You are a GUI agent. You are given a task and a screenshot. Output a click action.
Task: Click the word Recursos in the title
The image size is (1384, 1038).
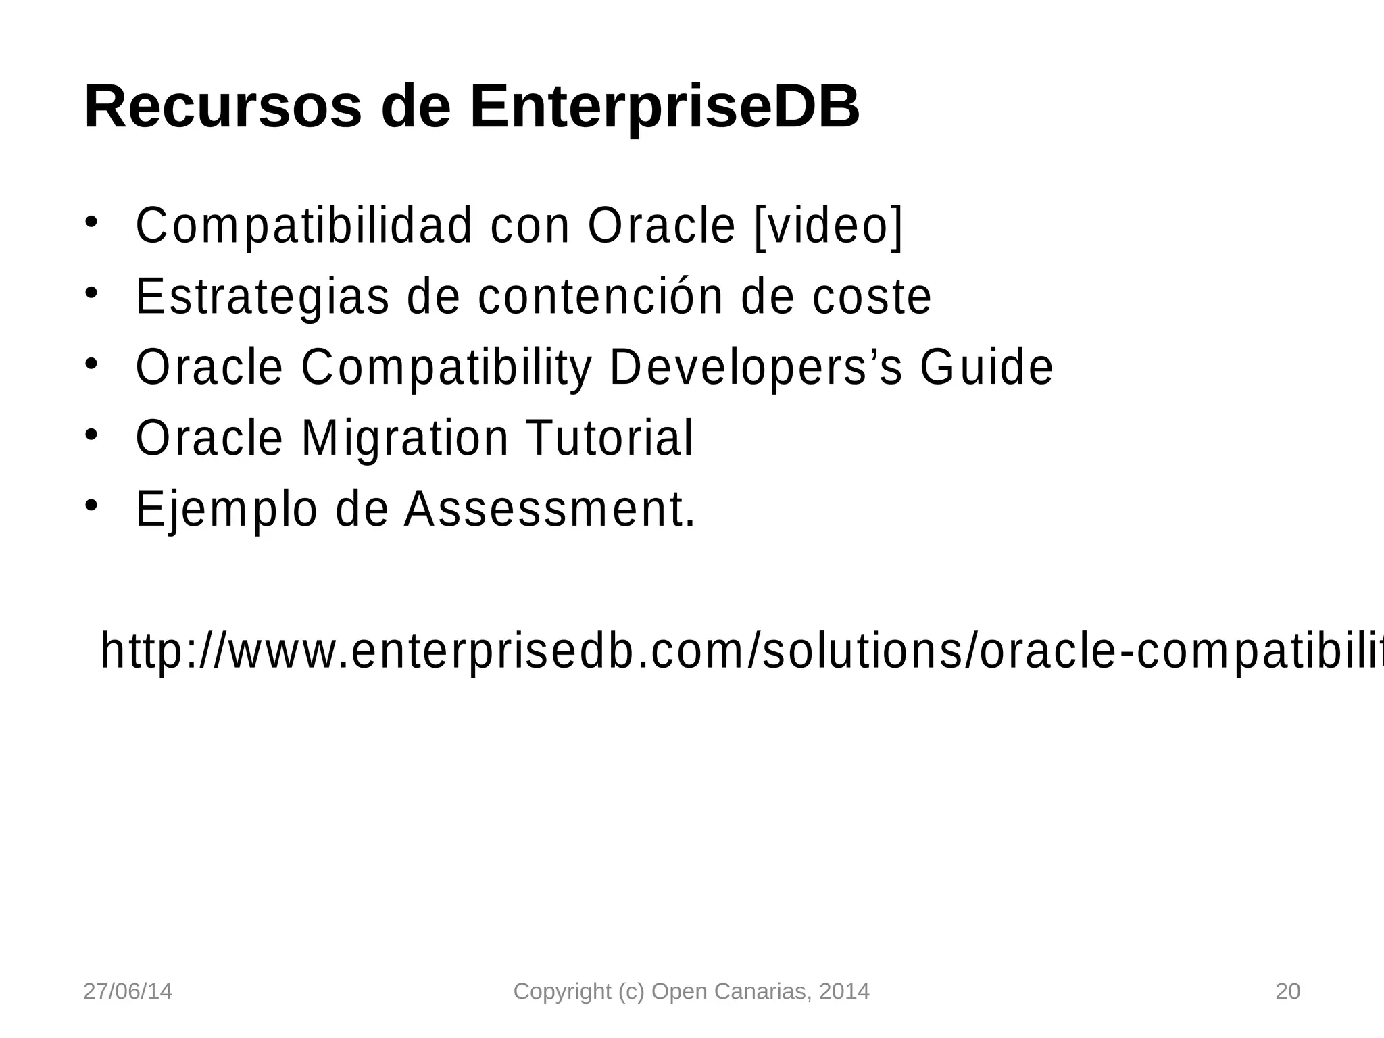[x=222, y=107]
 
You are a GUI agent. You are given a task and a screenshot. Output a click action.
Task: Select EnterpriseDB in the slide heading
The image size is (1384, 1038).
[x=664, y=107]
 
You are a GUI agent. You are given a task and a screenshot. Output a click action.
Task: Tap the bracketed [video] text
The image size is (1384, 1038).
[x=828, y=226]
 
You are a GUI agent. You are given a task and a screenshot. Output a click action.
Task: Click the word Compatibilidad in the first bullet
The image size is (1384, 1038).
[x=304, y=226]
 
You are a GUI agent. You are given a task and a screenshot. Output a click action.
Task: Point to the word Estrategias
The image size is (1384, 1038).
[x=262, y=297]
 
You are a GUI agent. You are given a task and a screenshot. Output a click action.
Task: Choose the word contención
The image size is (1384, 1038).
[x=601, y=297]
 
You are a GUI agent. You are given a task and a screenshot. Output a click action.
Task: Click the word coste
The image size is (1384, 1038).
[x=871, y=297]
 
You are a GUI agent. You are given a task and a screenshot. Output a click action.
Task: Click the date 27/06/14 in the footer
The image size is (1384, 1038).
[x=127, y=991]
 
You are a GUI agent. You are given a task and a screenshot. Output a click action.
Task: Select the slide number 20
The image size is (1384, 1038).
[x=1287, y=991]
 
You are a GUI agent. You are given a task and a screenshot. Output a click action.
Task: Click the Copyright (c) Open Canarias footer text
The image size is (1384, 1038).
[x=691, y=991]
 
